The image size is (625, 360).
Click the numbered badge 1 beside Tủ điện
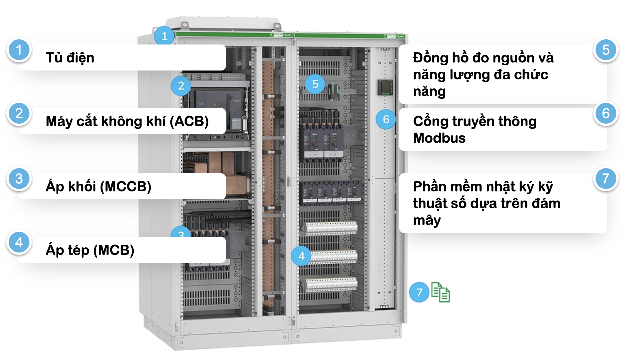[x=19, y=50]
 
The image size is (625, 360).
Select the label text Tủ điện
[x=70, y=57]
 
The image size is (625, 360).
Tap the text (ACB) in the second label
[x=189, y=121]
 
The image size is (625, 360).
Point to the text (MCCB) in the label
[x=126, y=186]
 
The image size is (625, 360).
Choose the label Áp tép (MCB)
[x=90, y=250]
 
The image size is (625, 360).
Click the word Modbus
[x=439, y=138]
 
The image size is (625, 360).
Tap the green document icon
[x=440, y=292]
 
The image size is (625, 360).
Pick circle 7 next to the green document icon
[x=419, y=292]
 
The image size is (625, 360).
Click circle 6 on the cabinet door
[x=386, y=119]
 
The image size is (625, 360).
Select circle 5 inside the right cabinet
[x=315, y=84]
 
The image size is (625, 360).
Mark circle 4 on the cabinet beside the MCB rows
[x=301, y=256]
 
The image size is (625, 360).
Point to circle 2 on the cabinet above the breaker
[x=181, y=86]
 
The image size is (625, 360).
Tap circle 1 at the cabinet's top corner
[x=164, y=36]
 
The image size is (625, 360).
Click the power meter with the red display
[x=385, y=87]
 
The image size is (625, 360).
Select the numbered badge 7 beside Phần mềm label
[x=606, y=179]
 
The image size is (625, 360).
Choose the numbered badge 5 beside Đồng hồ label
[x=606, y=50]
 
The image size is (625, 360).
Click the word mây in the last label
[x=427, y=220]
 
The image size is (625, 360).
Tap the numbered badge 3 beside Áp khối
[x=19, y=179]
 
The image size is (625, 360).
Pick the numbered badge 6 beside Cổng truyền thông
[x=606, y=114]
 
